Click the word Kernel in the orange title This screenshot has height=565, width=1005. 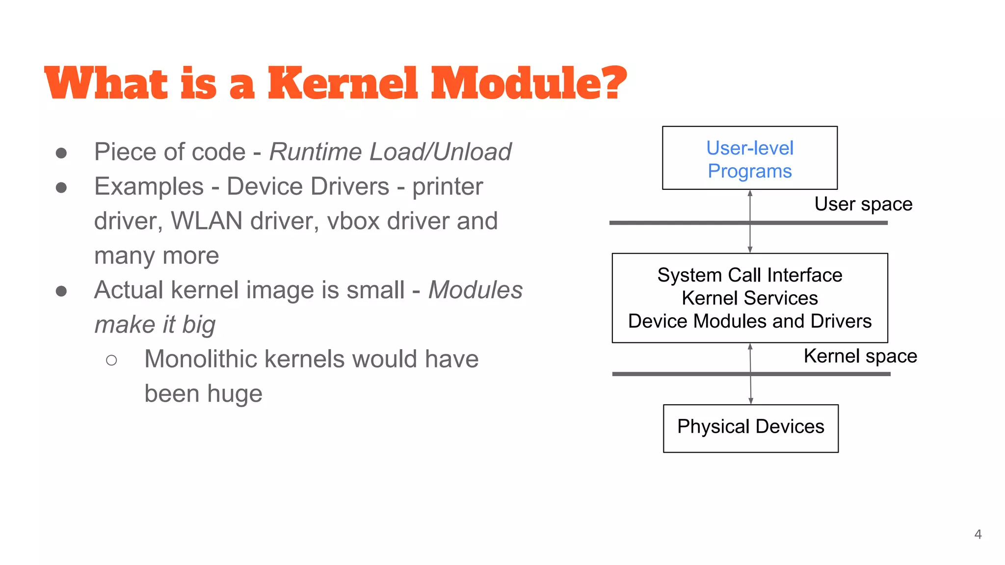coord(343,83)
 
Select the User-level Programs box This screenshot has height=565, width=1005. coord(749,158)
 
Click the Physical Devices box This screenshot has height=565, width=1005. coord(750,428)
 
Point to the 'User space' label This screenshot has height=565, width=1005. coord(863,204)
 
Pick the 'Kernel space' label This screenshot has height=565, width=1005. coord(860,356)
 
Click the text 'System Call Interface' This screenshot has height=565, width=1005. coord(749,275)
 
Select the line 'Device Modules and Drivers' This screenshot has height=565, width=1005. coord(749,321)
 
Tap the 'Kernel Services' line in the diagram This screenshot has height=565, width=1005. coord(749,298)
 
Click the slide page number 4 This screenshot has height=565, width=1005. coord(978,534)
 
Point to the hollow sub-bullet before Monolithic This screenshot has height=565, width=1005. coord(111,360)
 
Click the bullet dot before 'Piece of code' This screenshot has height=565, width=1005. coord(61,153)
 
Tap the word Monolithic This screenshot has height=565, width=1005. coord(200,359)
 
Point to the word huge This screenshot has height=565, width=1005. coord(235,394)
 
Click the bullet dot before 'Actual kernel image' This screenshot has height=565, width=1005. coord(61,291)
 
